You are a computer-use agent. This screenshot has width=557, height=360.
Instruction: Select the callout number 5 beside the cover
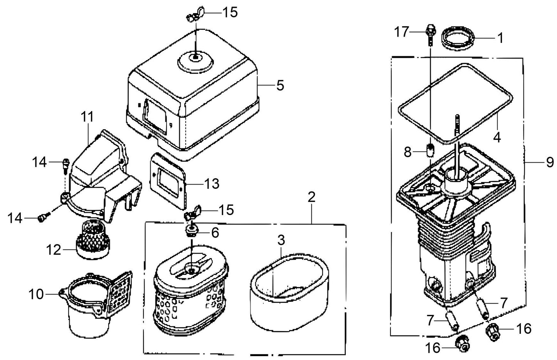tap(280, 85)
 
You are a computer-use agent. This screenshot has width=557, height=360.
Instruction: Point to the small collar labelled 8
tap(431, 150)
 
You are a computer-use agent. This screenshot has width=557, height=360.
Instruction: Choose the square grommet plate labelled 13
tap(168, 180)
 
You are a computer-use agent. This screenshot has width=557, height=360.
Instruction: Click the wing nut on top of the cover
tap(195, 16)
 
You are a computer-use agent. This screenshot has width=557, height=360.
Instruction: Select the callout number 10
tap(36, 294)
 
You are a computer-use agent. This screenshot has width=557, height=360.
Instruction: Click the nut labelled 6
tap(191, 232)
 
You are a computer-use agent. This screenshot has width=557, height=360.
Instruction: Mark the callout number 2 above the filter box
tap(311, 197)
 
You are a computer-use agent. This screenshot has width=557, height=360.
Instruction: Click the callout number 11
tap(87, 116)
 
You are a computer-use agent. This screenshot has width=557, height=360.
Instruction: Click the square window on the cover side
tap(155, 117)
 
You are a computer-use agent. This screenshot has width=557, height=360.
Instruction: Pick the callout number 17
tap(402, 32)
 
